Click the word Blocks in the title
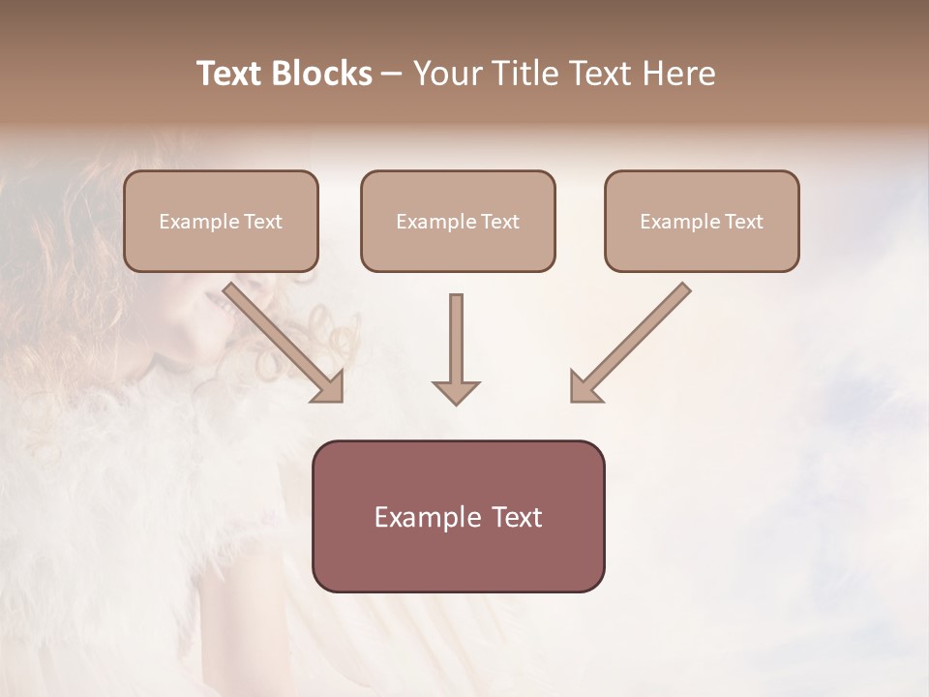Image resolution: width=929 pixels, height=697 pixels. pos(317,74)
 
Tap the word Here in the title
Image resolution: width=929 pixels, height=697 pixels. pos(675,74)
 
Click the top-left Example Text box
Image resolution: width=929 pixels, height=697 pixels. pos(221,221)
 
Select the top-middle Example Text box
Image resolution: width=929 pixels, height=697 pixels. pos(458,221)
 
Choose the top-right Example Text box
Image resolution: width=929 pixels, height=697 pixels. pos(702,221)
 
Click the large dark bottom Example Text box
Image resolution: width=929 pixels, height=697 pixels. pos(458,516)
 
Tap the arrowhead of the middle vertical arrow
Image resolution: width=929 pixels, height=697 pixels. pos(456,392)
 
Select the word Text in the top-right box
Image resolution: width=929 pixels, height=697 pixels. pos(744,222)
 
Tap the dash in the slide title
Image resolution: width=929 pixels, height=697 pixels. pos(392,75)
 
